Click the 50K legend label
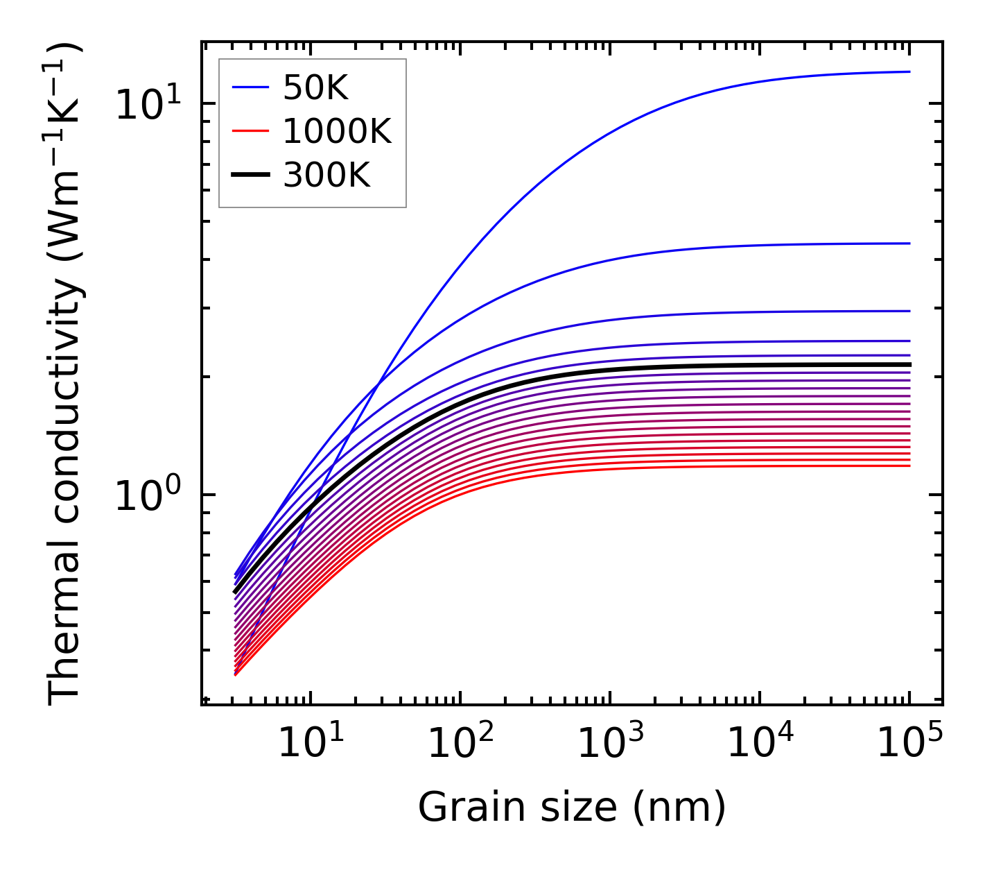315,87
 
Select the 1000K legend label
337,131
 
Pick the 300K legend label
326,176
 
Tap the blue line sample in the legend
250,87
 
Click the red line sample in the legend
250,131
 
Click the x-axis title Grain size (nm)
572,808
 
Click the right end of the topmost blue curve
909,71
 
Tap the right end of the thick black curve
909,364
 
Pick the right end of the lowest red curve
909,466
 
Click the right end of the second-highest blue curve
909,244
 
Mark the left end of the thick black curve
236,592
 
